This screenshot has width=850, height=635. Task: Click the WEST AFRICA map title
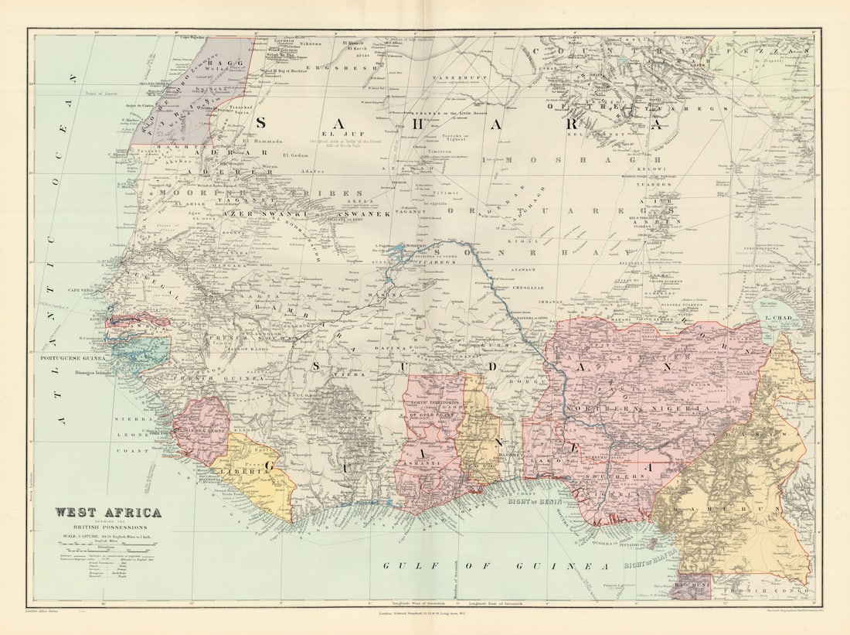(x=108, y=512)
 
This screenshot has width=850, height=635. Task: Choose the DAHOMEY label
(x=508, y=456)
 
